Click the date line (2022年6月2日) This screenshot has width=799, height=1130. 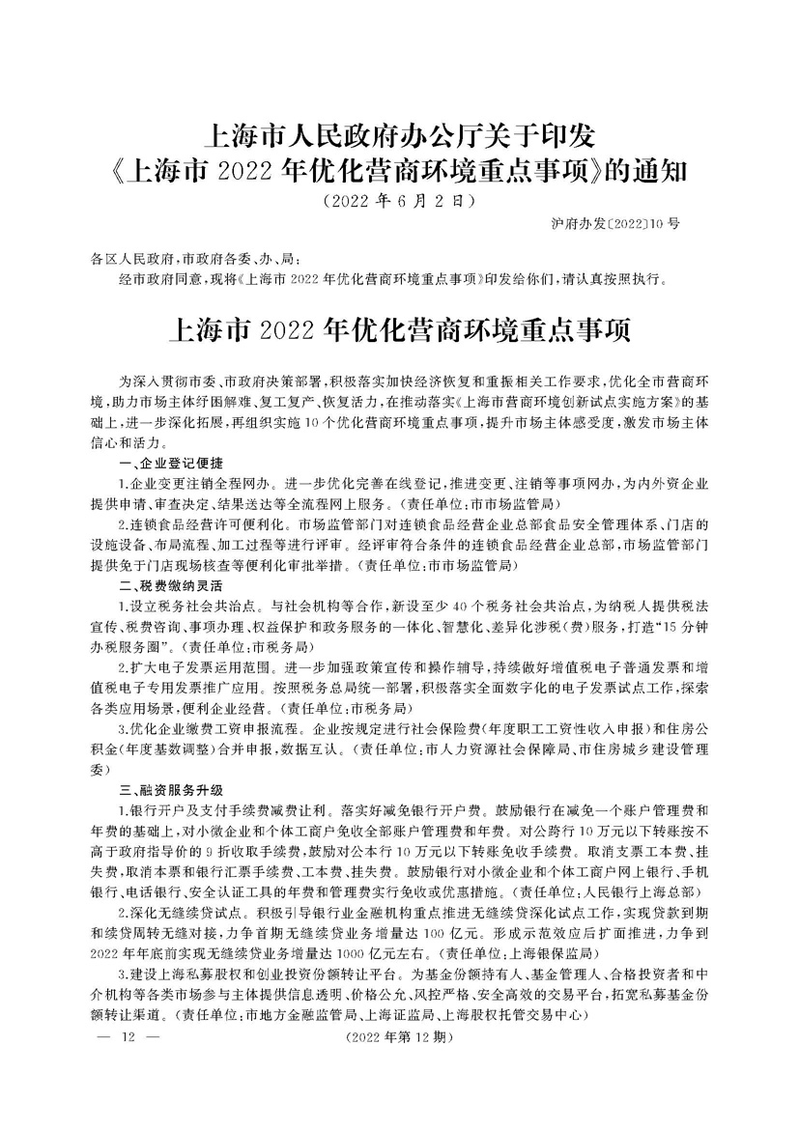click(398, 202)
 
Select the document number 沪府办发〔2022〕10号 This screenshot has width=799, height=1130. click(613, 223)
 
